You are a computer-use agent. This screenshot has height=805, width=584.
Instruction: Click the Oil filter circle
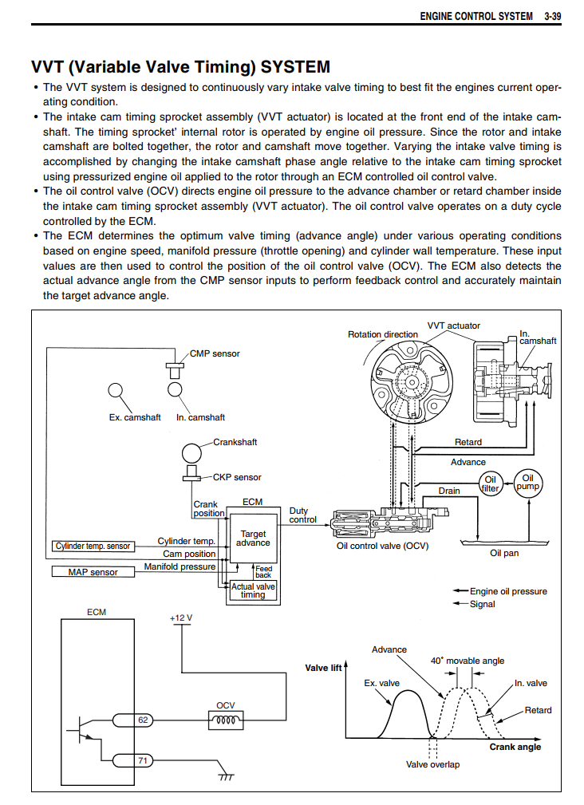click(490, 483)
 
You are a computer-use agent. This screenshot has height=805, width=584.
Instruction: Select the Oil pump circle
click(528, 483)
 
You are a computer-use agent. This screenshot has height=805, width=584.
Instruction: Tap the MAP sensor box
click(93, 572)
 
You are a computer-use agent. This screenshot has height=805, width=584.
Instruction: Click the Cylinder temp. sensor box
click(93, 547)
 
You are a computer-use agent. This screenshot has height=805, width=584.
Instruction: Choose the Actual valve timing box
click(253, 590)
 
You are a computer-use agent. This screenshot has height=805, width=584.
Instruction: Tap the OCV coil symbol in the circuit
click(226, 720)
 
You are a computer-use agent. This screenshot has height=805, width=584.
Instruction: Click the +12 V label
click(181, 618)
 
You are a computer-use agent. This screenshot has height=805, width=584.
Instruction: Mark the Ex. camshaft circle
click(116, 391)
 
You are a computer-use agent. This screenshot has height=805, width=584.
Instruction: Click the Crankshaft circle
click(192, 454)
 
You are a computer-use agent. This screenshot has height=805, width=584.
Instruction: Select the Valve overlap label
click(432, 764)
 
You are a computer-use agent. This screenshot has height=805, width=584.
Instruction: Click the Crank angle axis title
click(515, 747)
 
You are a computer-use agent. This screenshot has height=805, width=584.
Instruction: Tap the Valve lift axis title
click(323, 668)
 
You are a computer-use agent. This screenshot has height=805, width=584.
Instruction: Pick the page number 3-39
click(553, 17)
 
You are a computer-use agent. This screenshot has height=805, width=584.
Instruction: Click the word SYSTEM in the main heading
click(295, 67)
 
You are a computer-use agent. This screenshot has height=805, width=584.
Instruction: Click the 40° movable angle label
click(467, 661)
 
